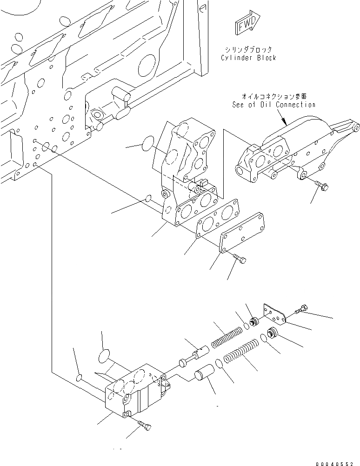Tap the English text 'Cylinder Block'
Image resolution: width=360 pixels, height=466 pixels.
click(x=248, y=58)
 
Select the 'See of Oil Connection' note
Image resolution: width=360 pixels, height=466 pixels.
click(x=273, y=105)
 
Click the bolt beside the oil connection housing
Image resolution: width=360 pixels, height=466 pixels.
click(x=321, y=186)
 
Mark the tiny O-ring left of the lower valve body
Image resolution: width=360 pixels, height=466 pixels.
click(x=80, y=375)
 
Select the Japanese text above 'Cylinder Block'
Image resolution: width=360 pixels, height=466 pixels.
click(x=248, y=49)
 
